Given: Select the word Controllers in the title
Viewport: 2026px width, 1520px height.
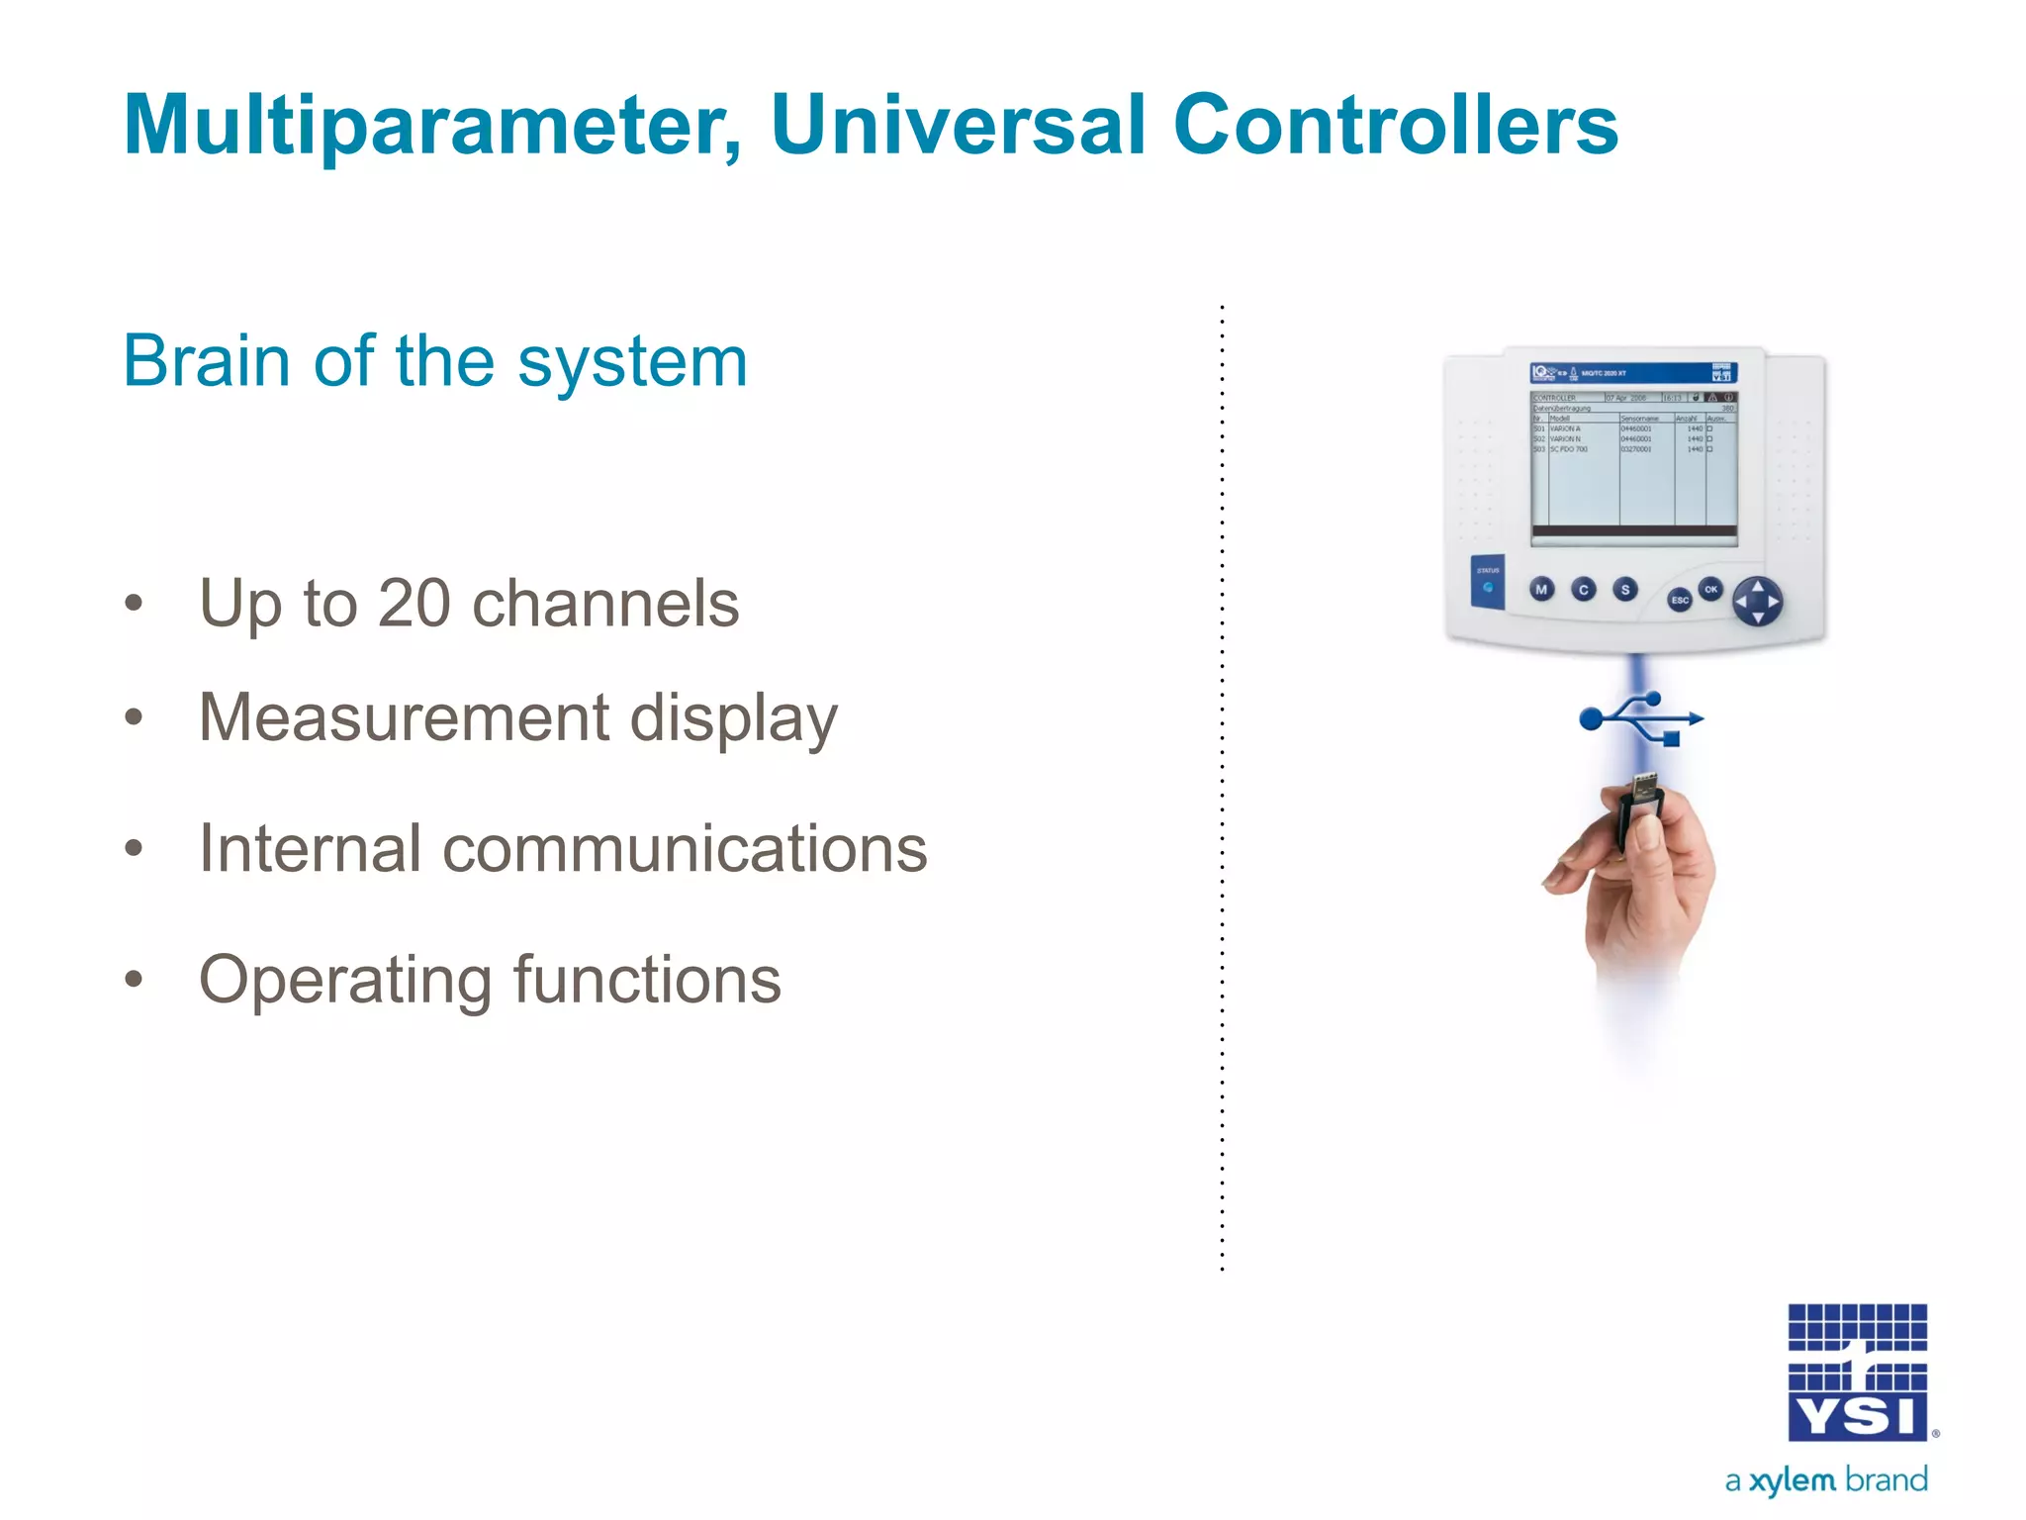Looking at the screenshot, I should (x=1395, y=127).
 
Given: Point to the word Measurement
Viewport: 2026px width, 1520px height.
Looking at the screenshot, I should (x=404, y=716).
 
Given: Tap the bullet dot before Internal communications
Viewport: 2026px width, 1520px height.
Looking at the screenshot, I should (x=135, y=849).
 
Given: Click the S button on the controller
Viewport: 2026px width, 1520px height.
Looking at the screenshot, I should (x=1624, y=590).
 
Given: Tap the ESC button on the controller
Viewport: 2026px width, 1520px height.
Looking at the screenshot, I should (x=1680, y=600).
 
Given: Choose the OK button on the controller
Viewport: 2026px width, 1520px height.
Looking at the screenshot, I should (x=1711, y=589).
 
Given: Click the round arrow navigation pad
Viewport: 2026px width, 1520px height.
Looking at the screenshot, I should (x=1758, y=602).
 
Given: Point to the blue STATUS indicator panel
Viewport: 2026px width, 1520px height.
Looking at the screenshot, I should (x=1488, y=582).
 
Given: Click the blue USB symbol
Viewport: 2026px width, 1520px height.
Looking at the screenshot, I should (x=1641, y=718).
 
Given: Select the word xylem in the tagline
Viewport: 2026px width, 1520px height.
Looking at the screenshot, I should (x=1792, y=1480).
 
